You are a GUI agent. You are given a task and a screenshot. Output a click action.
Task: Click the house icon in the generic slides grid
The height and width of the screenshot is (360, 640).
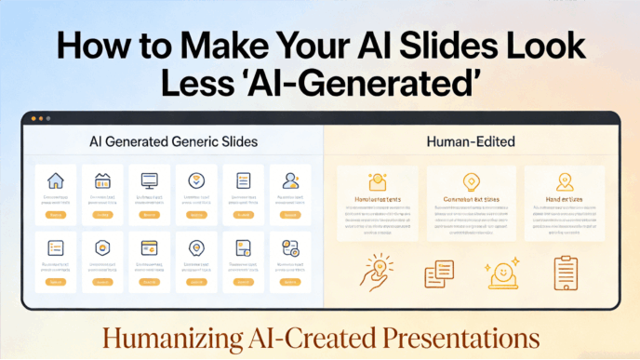pyautogui.click(x=56, y=180)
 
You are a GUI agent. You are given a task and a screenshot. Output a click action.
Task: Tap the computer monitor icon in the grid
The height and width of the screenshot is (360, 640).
pyautogui.click(x=149, y=180)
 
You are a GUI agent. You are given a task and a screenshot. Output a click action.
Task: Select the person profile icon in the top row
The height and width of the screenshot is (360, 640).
pyautogui.click(x=290, y=180)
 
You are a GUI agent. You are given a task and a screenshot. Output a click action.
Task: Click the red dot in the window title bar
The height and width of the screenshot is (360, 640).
pyautogui.click(x=33, y=118)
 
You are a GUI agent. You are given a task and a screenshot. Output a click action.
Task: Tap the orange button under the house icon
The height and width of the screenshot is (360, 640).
pyautogui.click(x=56, y=215)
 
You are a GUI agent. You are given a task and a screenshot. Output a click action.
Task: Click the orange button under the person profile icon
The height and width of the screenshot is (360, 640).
pyautogui.click(x=290, y=215)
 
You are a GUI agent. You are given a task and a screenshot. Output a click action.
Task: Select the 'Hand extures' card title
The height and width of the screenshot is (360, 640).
pyautogui.click(x=565, y=198)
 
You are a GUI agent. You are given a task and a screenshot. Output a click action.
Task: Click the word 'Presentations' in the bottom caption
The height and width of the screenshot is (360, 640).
pyautogui.click(x=444, y=336)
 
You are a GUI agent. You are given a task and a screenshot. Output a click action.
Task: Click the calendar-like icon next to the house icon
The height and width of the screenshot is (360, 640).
pyautogui.click(x=102, y=180)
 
